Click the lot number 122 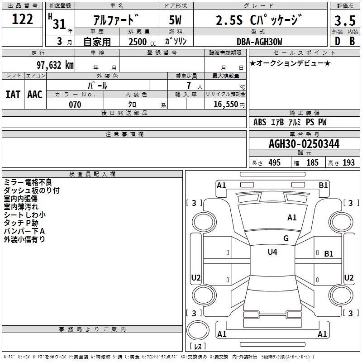tap(22, 19)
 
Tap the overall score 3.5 tap(345, 20)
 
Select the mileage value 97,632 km tap(55, 65)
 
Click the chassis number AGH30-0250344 tap(304, 144)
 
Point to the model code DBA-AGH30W tap(259, 42)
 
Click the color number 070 tap(75, 105)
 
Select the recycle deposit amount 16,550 tap(225, 105)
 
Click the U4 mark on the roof tap(272, 252)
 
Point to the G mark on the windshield tap(286, 238)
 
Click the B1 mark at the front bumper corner tap(323, 186)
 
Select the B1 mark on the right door tap(329, 254)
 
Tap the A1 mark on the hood tap(292, 217)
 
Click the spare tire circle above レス tap(198, 330)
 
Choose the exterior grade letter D tap(337, 41)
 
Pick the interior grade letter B tap(352, 41)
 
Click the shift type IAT tap(13, 95)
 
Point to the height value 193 tap(348, 162)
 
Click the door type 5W tap(175, 20)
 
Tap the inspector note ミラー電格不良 tap(28, 182)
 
